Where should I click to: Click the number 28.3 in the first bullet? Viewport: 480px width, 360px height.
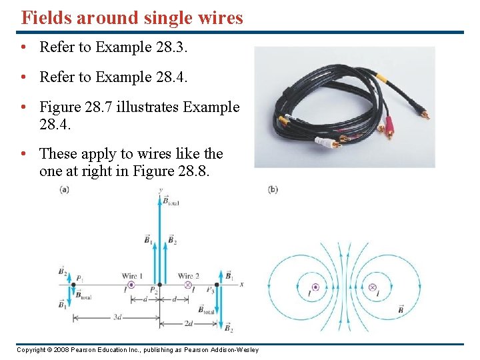170,47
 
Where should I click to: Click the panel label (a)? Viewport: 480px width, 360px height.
65,189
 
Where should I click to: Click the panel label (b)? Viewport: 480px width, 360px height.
273,189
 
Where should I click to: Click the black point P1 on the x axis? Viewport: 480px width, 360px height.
73,285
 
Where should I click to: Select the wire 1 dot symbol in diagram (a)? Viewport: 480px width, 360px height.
131,285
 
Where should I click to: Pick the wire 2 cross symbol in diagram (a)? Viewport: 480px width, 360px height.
187,285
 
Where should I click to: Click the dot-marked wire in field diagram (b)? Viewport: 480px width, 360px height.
315,287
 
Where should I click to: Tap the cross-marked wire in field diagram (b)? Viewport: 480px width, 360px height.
372,287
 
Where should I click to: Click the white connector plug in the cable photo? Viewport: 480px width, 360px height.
325,142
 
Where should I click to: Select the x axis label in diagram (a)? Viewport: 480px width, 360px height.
241,285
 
